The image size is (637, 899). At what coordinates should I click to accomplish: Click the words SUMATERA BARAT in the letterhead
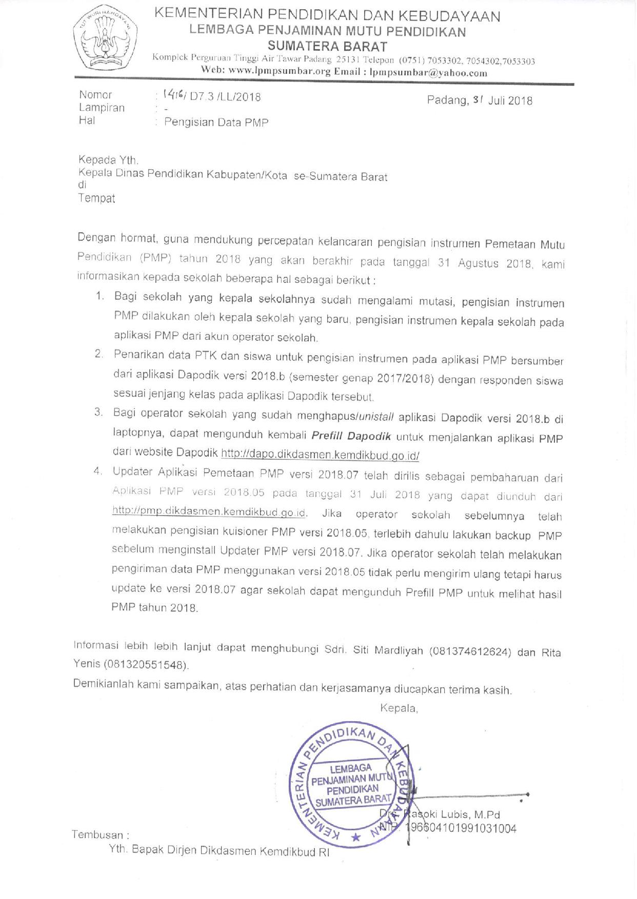click(327, 47)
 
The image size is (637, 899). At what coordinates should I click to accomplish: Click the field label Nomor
click(95, 95)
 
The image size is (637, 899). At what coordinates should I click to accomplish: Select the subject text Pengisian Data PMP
click(216, 122)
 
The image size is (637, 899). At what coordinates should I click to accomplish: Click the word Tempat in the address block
click(96, 198)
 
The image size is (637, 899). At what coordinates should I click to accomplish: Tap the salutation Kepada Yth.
click(108, 160)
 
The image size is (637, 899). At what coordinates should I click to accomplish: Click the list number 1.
click(100, 297)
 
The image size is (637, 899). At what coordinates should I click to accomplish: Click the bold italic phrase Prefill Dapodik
click(351, 437)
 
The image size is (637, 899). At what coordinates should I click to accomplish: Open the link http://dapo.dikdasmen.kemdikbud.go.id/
click(320, 455)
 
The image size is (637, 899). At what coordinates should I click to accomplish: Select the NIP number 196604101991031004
click(461, 828)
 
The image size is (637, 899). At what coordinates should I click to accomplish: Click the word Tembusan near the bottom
click(97, 835)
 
